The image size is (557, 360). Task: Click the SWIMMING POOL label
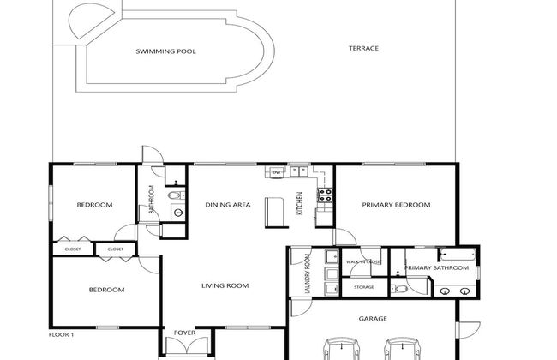point(165,51)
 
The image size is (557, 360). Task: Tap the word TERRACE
point(363,48)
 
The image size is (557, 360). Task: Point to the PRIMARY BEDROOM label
point(395,206)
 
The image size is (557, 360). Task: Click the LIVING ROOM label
point(225,285)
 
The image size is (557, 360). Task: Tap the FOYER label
point(184,333)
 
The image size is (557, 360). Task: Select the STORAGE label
point(364,287)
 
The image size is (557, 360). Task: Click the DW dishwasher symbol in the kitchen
point(276,173)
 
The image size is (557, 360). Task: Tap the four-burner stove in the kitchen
point(325,196)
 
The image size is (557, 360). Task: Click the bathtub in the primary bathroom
point(454,255)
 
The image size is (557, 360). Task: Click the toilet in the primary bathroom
point(400,290)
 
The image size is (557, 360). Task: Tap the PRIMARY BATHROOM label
point(437,268)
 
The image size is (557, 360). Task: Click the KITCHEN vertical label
point(300,203)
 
